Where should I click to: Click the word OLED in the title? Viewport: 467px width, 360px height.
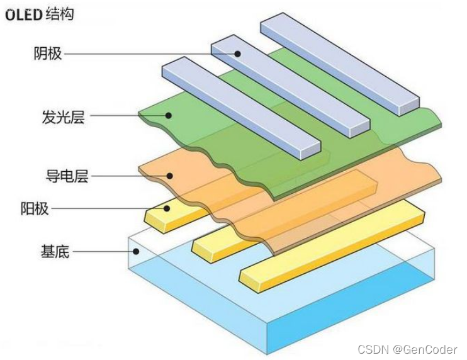click(x=24, y=14)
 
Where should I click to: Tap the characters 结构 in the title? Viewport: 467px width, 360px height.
click(x=60, y=14)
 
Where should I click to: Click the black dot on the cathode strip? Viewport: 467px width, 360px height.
click(x=239, y=54)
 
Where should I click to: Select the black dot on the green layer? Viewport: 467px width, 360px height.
click(x=168, y=115)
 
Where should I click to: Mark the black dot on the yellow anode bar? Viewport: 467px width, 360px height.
click(x=167, y=208)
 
